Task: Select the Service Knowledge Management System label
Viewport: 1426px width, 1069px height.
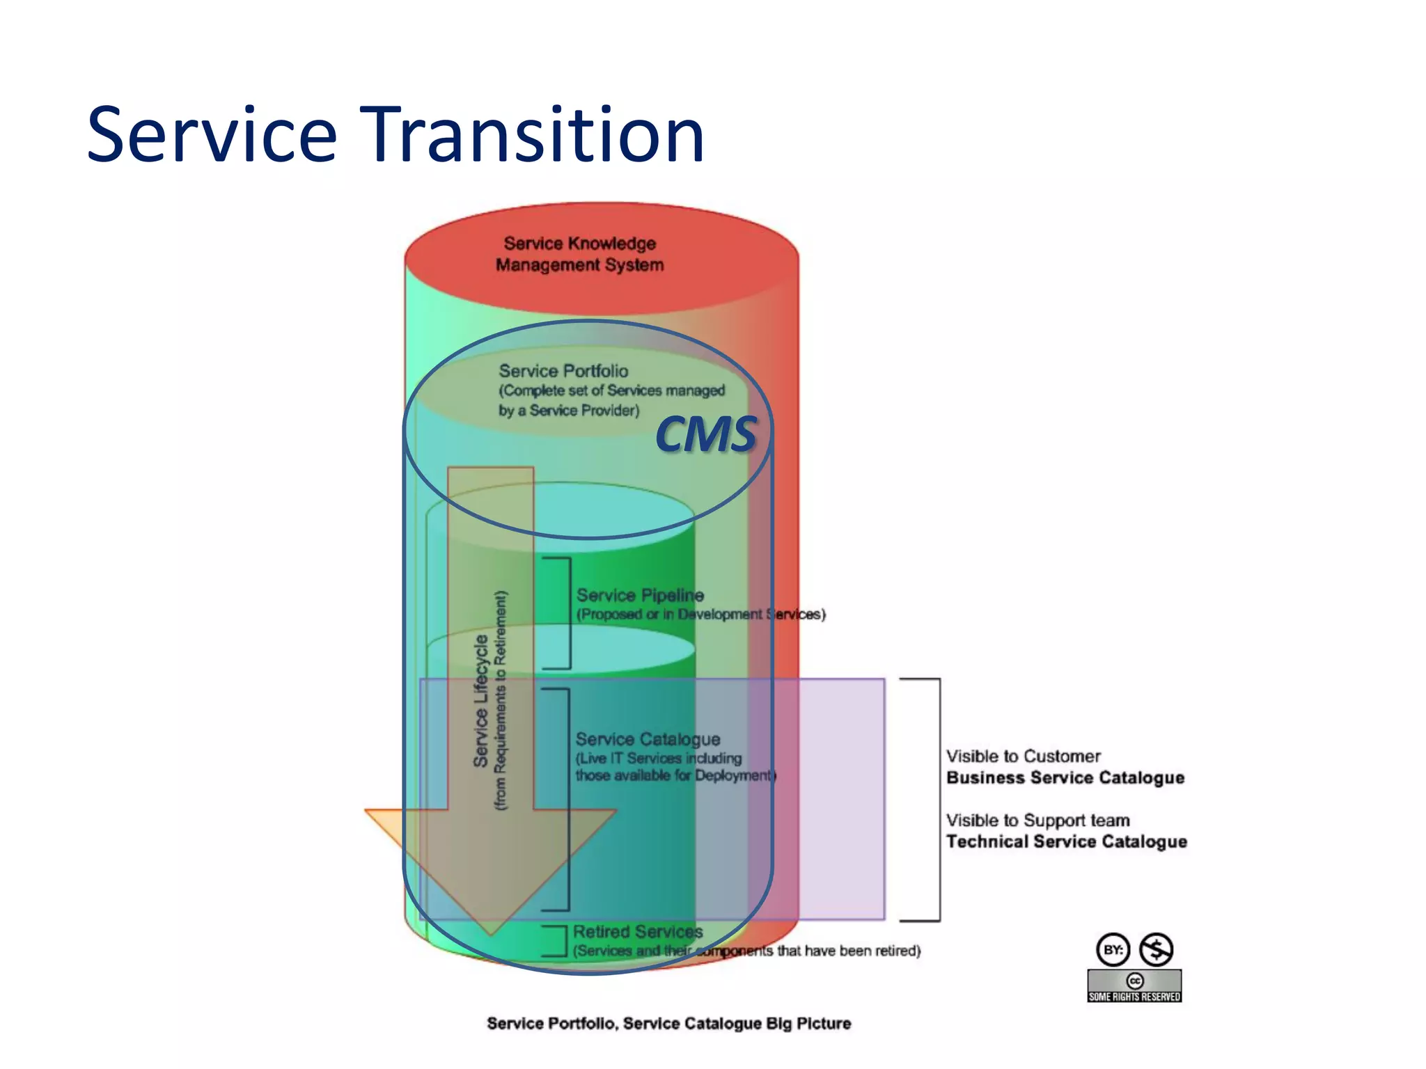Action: (579, 254)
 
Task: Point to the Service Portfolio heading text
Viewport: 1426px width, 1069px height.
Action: (563, 371)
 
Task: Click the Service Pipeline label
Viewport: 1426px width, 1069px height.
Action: (640, 595)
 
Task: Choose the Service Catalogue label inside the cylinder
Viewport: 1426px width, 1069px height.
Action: (648, 739)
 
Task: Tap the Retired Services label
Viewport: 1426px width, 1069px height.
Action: (638, 932)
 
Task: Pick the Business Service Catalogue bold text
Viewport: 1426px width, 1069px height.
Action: (1065, 778)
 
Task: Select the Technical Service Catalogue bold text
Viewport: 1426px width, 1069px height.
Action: (1066, 842)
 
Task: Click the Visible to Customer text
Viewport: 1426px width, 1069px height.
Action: (1023, 757)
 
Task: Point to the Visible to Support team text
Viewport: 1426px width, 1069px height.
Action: (1037, 821)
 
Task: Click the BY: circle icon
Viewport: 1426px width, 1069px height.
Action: (1113, 949)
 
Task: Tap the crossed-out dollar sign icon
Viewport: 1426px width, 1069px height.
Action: (1157, 949)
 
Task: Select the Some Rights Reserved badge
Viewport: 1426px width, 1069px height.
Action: (1134, 986)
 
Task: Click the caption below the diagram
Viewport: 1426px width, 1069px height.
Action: (668, 1024)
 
